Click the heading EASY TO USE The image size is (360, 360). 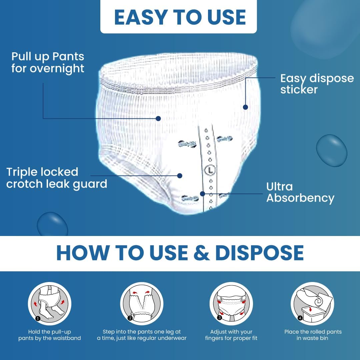[180, 17]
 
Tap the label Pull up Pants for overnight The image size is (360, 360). [48, 62]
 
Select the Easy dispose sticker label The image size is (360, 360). [317, 84]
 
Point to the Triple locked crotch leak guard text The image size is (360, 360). [56, 178]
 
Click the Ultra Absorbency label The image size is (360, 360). [300, 193]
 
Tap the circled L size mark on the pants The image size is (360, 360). [210, 170]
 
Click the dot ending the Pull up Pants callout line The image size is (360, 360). [158, 118]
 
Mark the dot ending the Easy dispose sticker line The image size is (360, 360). [245, 107]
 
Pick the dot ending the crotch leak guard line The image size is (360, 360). [180, 176]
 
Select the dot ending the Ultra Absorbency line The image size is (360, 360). [203, 194]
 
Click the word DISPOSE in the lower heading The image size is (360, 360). [259, 253]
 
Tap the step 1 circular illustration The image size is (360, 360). [50, 304]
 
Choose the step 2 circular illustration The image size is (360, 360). [142, 304]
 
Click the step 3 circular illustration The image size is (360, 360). [231, 304]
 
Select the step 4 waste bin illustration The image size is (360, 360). [312, 304]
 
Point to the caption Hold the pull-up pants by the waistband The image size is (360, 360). [50, 335]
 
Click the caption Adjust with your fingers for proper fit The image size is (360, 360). [231, 335]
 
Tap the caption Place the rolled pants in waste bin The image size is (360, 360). [313, 335]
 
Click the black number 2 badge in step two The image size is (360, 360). [130, 318]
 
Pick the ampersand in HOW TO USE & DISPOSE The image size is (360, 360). [201, 253]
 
